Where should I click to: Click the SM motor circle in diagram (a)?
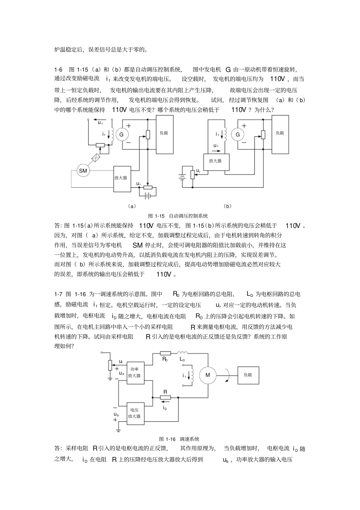[83, 171]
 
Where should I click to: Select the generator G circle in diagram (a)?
[122, 135]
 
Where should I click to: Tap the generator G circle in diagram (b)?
[238, 135]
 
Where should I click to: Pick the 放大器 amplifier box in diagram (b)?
[215, 161]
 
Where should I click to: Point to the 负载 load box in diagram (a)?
[164, 134]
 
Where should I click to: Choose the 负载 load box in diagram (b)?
[280, 134]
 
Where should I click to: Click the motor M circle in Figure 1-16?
[207, 375]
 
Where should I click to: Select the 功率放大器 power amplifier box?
[135, 373]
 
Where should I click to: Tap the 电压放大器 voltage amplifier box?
[135, 413]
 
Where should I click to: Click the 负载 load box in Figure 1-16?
[248, 375]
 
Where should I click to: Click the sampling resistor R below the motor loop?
[165, 397]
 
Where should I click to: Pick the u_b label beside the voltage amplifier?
[116, 414]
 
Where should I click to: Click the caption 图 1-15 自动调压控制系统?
[178, 216]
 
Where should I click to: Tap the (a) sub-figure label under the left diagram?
[131, 206]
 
